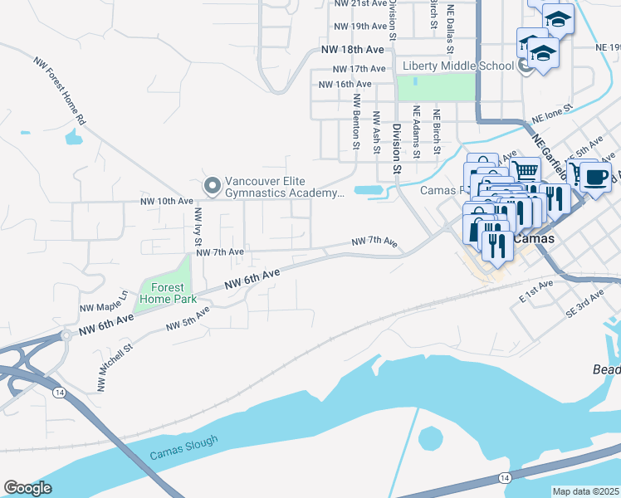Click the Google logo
tap(27, 488)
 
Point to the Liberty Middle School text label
tap(460, 66)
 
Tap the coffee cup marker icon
tap(594, 176)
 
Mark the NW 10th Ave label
tap(167, 201)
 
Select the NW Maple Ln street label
tap(104, 301)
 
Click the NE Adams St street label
tap(416, 133)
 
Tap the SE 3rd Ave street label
tap(583, 305)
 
